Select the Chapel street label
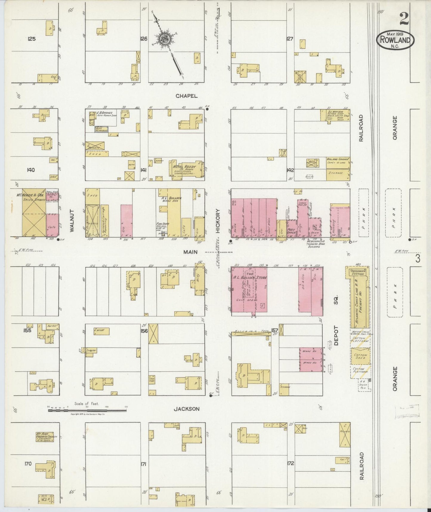(x=186, y=96)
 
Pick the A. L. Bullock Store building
(x=249, y=290)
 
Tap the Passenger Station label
(x=357, y=272)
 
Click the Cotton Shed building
(x=360, y=356)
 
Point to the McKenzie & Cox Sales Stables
(x=34, y=213)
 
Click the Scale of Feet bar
(x=87, y=410)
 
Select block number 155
(x=27, y=330)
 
